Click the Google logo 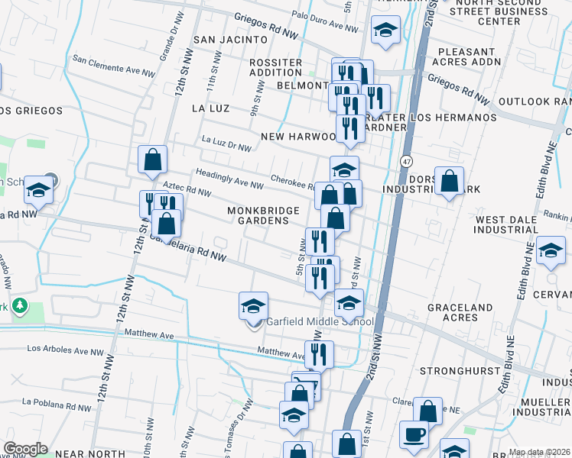click(25, 448)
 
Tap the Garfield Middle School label click(319, 321)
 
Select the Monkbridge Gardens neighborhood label click(258, 215)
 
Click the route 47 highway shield click(406, 162)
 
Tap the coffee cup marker click(414, 434)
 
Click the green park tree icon click(18, 307)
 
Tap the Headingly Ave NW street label click(230, 179)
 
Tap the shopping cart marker click(306, 385)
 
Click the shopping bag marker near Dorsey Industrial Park click(449, 182)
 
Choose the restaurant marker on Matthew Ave click(319, 353)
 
